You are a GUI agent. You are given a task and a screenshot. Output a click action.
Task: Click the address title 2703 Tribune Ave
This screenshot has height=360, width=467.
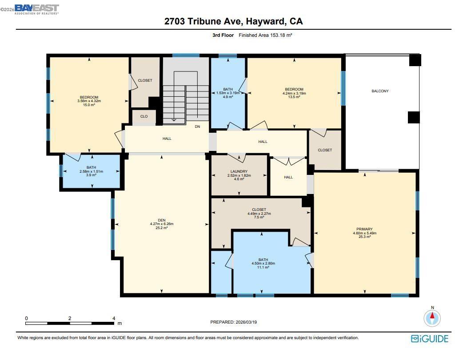(233, 21)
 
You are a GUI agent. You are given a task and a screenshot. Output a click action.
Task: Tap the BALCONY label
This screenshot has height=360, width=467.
(380, 91)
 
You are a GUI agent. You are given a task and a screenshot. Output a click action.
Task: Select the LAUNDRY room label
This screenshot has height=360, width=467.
(239, 171)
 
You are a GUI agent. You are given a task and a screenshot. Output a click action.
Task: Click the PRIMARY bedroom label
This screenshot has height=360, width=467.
(364, 229)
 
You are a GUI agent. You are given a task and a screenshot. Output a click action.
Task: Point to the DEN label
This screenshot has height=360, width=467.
(162, 220)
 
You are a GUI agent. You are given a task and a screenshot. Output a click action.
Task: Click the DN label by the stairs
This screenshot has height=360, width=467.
(198, 127)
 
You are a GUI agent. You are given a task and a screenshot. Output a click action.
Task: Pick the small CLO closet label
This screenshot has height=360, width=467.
(144, 117)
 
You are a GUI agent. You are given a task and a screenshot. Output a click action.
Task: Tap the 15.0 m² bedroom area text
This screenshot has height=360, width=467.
(89, 105)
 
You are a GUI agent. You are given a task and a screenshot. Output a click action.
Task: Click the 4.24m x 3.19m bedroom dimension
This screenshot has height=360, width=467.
(294, 93)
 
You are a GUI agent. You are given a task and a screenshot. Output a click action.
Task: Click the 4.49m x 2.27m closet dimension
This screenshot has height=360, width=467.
(259, 214)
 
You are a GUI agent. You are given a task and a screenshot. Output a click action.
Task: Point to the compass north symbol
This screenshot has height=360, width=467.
(432, 317)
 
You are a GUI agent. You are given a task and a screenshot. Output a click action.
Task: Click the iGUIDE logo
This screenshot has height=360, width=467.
(429, 339)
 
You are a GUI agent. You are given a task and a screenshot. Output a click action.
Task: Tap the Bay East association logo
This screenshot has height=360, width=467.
(36, 9)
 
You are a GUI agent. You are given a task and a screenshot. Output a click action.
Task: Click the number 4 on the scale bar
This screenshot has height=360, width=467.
(114, 318)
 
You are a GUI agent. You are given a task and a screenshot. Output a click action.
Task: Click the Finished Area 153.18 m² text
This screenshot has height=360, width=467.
(265, 35)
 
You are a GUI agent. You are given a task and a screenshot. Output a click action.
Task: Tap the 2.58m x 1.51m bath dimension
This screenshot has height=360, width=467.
(91, 171)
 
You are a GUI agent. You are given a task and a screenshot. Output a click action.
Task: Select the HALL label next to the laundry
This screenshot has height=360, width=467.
(288, 177)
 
